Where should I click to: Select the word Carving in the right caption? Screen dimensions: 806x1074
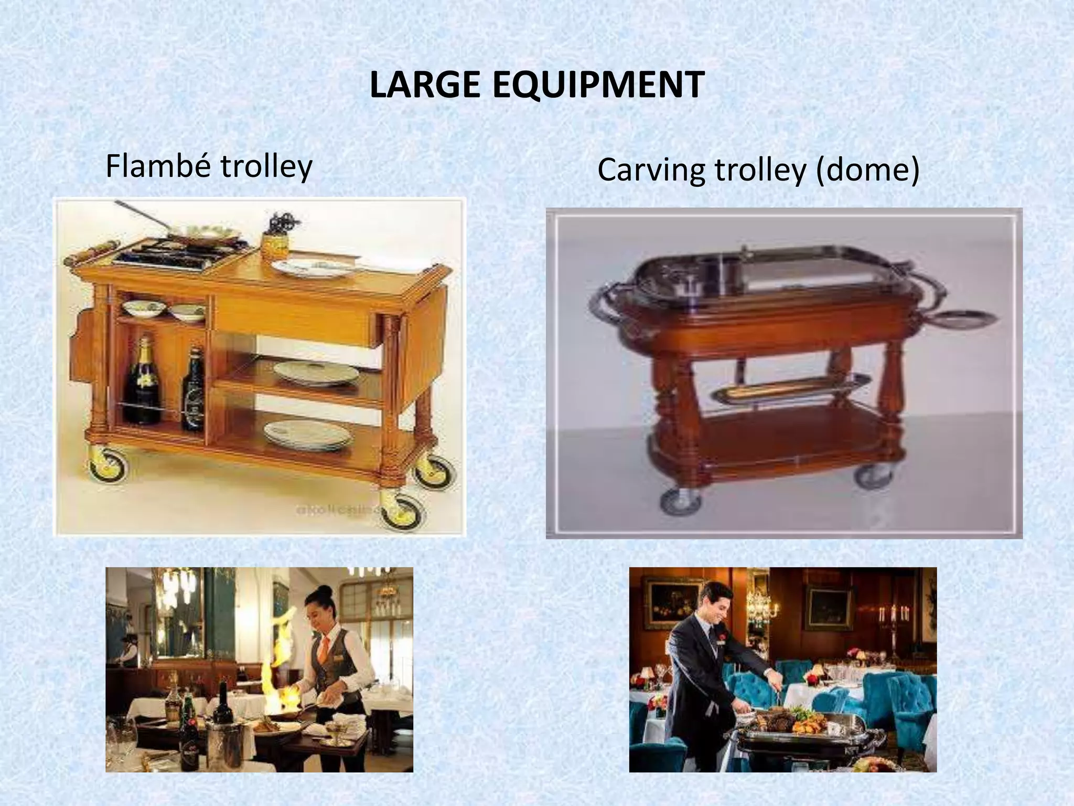pyautogui.click(x=651, y=170)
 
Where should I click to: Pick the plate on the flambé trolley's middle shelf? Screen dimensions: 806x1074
pyautogui.click(x=315, y=372)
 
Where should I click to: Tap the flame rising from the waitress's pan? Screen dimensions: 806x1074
pyautogui.click(x=283, y=666)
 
